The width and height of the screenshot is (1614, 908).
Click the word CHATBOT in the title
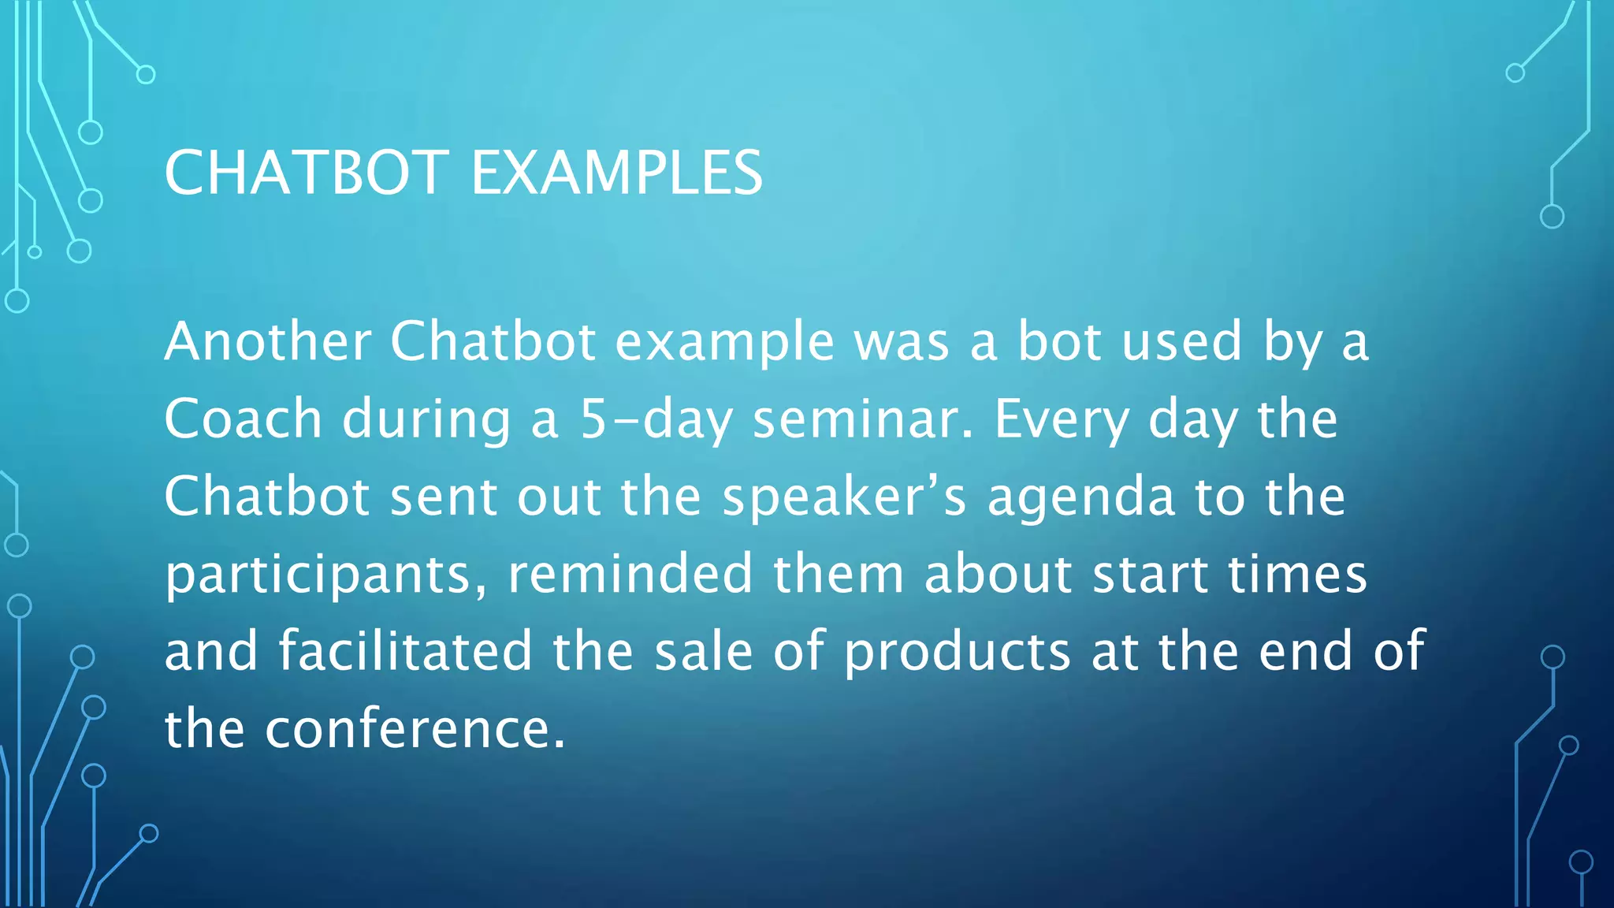(307, 173)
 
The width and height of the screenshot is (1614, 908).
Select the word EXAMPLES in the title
(616, 173)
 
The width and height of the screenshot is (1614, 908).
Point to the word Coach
(243, 419)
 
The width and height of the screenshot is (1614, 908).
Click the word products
(957, 652)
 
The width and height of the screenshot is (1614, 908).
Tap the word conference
(415, 728)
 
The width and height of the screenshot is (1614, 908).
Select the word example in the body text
(724, 343)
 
